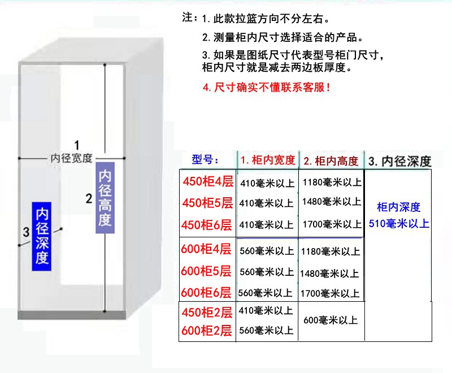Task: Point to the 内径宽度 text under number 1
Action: pos(71,158)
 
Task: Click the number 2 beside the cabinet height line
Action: pos(89,198)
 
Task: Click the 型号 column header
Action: pos(206,160)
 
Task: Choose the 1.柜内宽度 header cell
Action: pos(267,161)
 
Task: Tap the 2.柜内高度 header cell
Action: pos(331,161)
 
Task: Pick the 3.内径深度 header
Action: pos(399,161)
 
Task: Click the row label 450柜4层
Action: pos(207,182)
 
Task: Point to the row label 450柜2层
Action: pos(207,312)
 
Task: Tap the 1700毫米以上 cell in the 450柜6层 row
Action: pos(332,224)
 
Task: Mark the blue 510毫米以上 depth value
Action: pos(399,224)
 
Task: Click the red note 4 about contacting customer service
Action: pos(266,88)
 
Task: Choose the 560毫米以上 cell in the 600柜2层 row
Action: pos(266,330)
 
